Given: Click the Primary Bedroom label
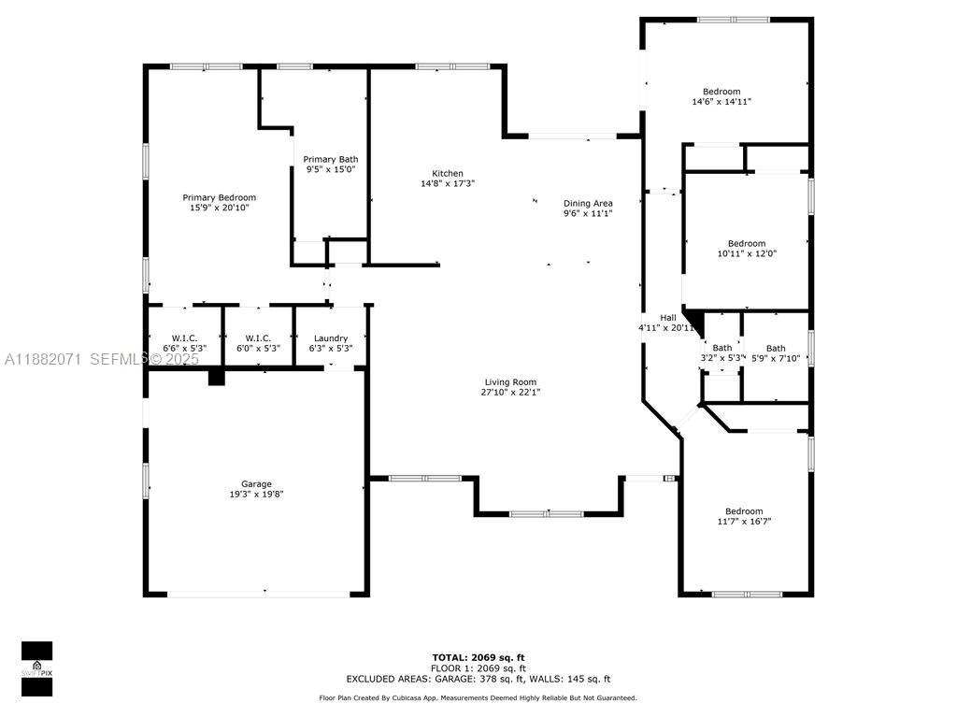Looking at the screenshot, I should pos(219,197).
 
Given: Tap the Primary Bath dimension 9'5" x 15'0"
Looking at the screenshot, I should pos(332,170).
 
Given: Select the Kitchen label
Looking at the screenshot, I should pos(447,173).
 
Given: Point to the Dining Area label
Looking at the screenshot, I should pos(587,203).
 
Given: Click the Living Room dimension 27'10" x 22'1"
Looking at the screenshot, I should pos(510,393).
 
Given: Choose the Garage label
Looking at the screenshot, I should pos(256,483).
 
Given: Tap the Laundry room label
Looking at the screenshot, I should pos(331,337).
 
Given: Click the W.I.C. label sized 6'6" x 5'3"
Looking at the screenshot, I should pos(183,337).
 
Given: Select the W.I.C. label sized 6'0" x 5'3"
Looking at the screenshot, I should pos(258,337).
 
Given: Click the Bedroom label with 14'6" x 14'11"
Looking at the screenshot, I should pos(721,91).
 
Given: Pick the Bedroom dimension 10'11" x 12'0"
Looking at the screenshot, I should pos(747,253).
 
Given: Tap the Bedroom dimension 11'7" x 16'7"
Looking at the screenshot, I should pos(744,522).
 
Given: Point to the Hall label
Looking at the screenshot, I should pos(667,317).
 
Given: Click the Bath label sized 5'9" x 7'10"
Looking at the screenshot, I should pos(776,348).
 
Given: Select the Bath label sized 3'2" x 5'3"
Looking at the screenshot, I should pos(721,348).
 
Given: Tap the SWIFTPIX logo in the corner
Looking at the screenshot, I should pos(37,669).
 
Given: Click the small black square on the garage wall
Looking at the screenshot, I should pos(217,377).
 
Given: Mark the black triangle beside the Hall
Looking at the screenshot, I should pos(693,319).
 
